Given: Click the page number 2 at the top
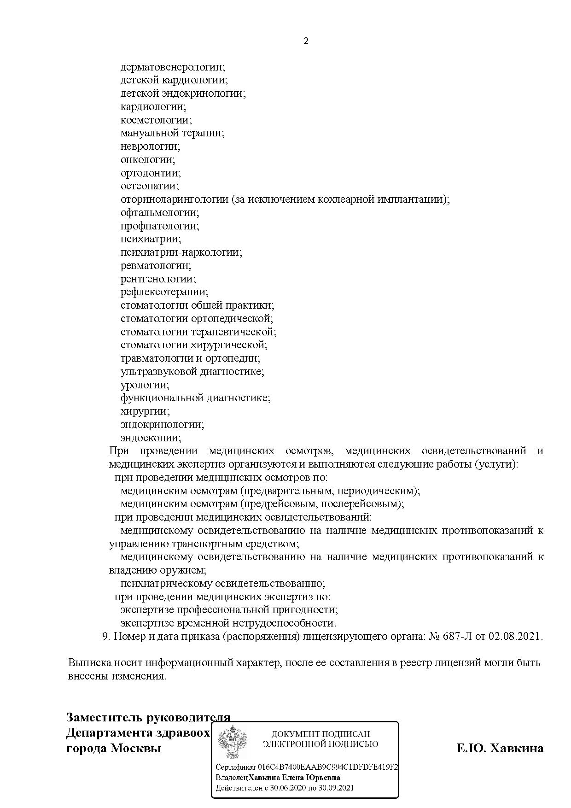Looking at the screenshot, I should [306, 41].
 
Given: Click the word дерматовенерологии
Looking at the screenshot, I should [173, 67].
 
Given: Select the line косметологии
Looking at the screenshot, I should [156, 120].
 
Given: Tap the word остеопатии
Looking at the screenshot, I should [150, 186].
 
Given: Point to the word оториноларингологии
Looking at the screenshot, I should [175, 199].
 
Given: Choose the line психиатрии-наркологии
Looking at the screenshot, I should [181, 252].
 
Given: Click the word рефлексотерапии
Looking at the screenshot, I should [164, 292].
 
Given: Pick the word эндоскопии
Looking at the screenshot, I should [151, 438].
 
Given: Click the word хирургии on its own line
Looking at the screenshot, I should [145, 411].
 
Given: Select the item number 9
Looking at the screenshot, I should [105, 636].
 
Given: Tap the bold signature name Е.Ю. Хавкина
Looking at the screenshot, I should [500, 748].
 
